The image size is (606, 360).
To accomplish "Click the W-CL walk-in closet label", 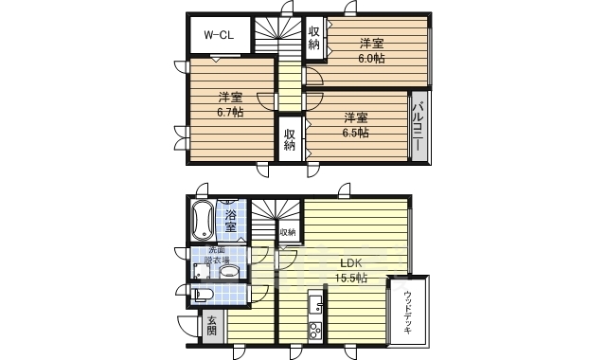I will pyautogui.click(x=220, y=36).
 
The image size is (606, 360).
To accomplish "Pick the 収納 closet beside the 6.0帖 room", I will pyautogui.click(x=314, y=38).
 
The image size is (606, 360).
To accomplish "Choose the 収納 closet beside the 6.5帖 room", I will pyautogui.click(x=290, y=138).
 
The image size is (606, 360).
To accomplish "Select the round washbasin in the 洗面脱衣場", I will pyautogui.click(x=229, y=271).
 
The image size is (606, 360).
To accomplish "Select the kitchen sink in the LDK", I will pyautogui.click(x=314, y=305).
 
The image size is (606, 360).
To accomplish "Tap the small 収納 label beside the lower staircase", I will pyautogui.click(x=287, y=232).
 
